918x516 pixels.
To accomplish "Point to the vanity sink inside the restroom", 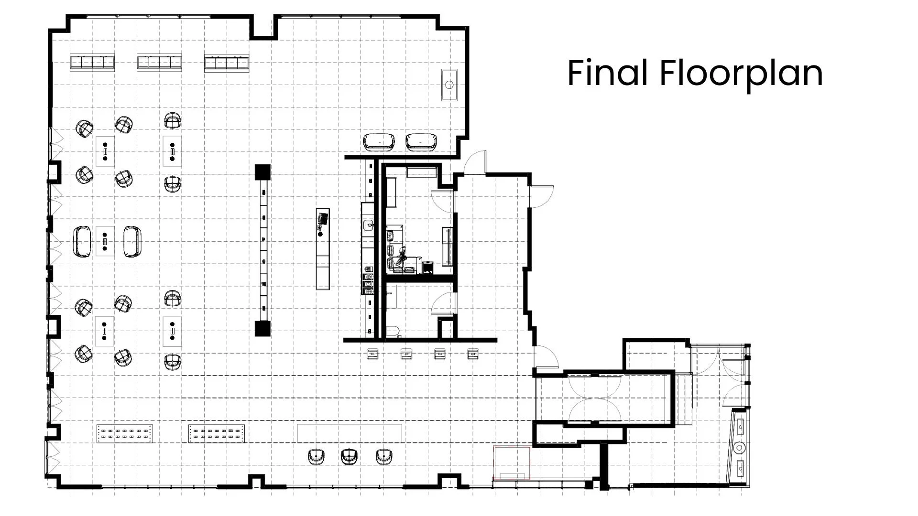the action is coord(391,292).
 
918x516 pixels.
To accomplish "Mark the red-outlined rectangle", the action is coord(512,463).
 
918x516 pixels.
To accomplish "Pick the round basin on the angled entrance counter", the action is coord(740,448).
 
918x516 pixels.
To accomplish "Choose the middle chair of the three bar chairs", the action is coord(349,456).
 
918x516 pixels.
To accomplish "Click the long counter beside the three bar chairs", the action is coord(350,433).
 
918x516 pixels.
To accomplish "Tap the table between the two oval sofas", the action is coord(105,241).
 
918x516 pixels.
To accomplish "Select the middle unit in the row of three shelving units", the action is coord(159,63).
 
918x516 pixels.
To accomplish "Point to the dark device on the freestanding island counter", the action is coord(323,220).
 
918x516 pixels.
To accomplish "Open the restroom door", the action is coord(443,303).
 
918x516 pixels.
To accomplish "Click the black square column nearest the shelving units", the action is coord(262,172).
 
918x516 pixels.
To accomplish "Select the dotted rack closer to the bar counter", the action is coord(218,433).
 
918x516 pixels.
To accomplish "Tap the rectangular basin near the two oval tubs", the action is coord(449,85).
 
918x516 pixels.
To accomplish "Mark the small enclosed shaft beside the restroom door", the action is coord(446,328).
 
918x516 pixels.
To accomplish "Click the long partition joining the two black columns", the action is coord(262,250).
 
